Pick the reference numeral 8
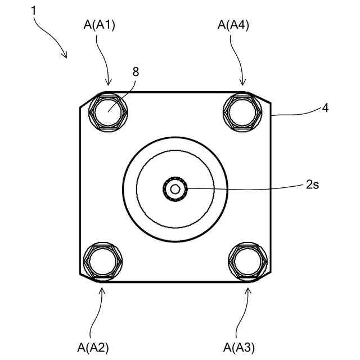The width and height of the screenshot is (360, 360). point(136,71)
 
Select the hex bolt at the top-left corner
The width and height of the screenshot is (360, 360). point(108,112)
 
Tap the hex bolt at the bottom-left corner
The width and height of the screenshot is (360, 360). point(101,260)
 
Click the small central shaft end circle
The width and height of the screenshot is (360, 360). point(175,188)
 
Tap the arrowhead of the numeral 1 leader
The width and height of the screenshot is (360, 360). point(66,56)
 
